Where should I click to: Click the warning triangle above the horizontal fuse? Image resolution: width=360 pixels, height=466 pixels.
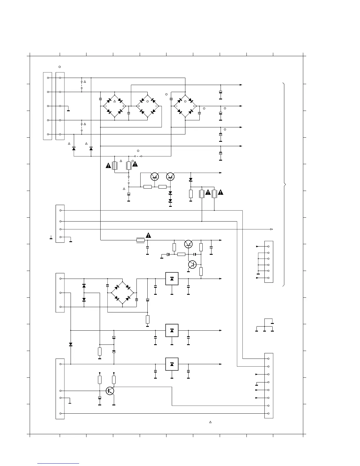coord(148,235)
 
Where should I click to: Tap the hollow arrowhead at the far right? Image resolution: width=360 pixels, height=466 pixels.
coord(271,229)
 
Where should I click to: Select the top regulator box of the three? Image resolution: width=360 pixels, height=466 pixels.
coord(172,279)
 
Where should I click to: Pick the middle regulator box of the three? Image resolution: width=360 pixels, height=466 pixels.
coord(172,330)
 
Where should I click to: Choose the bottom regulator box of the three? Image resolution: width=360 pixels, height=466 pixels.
coord(172,364)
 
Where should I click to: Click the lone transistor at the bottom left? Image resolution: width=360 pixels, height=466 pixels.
coord(110,391)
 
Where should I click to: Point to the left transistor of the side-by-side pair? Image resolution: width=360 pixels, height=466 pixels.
coord(155,177)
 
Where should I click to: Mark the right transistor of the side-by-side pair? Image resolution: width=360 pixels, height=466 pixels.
coord(170,177)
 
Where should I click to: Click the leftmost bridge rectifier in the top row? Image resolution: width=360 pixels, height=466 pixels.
coord(114,106)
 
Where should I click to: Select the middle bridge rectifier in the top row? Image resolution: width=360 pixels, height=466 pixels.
coord(148,106)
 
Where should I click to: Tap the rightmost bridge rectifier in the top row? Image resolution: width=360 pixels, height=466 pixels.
coord(185,106)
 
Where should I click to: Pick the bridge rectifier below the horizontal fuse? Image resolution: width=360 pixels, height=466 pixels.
coord(122,293)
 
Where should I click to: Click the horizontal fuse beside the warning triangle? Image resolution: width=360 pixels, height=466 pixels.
coord(141,240)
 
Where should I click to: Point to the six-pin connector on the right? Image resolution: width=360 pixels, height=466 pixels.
coord(269,262)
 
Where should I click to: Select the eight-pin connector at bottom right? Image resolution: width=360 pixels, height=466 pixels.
coord(269,386)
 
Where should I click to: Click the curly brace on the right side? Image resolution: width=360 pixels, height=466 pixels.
coord(284,184)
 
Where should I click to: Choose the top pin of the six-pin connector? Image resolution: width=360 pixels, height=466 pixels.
coord(268,246)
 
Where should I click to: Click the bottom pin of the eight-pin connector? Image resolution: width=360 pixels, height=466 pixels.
coord(268,414)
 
